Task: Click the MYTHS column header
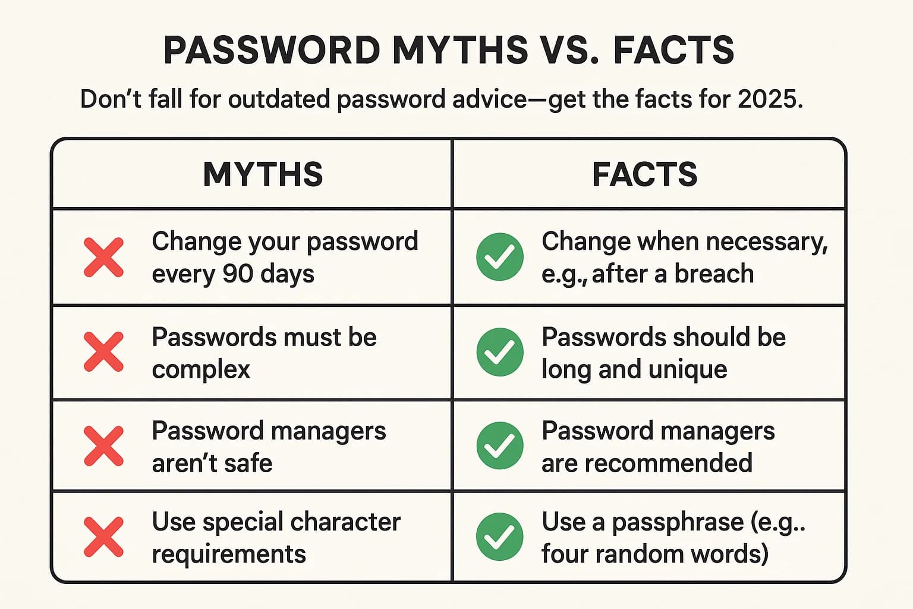coord(263,174)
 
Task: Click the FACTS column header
coord(644,174)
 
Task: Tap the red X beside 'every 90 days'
coord(104,258)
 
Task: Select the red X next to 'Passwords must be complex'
coord(104,351)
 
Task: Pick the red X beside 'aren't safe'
coord(104,445)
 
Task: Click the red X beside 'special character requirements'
coord(104,537)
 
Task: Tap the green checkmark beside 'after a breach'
coord(500,257)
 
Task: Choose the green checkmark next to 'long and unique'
coord(500,351)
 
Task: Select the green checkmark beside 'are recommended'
coord(500,445)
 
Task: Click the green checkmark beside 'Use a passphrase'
coord(500,537)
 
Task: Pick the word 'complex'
coord(201,370)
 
